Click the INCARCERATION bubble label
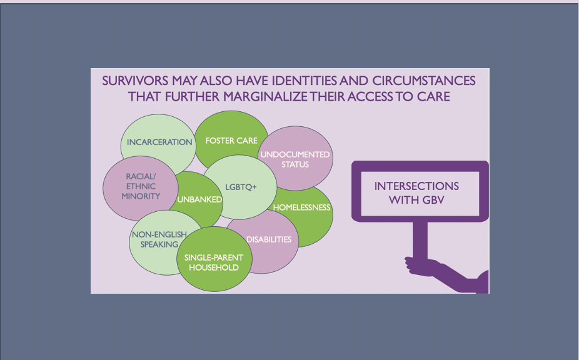pyautogui.click(x=159, y=142)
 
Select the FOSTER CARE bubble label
pyautogui.click(x=231, y=141)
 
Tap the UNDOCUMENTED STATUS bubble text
pyautogui.click(x=295, y=159)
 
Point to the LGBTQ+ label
pyautogui.click(x=241, y=187)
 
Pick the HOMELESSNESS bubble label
pyautogui.click(x=301, y=207)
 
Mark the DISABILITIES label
pyautogui.click(x=269, y=239)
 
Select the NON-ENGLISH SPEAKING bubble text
pyautogui.click(x=159, y=239)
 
